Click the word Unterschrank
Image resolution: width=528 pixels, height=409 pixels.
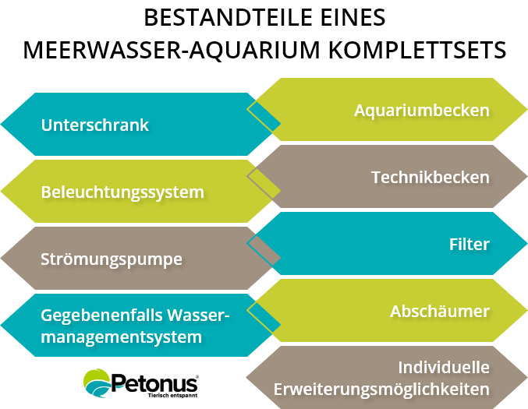(94, 125)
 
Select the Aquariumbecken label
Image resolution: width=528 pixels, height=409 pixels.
(421, 110)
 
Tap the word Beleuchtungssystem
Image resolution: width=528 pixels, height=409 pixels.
(122, 192)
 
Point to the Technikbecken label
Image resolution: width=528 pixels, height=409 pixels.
(430, 177)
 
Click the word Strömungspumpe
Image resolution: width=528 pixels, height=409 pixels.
(112, 259)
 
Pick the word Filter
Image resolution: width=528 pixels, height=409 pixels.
(469, 244)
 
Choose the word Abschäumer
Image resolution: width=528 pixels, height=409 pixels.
(439, 311)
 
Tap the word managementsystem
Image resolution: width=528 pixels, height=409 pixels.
(121, 337)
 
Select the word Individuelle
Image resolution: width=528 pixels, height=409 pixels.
(443, 367)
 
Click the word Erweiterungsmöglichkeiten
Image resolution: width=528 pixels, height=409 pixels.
(381, 389)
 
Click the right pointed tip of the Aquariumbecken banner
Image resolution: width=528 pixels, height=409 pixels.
(524, 110)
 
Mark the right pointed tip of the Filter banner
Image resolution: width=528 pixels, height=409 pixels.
(524, 244)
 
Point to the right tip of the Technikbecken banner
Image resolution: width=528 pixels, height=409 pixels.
(524, 177)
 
